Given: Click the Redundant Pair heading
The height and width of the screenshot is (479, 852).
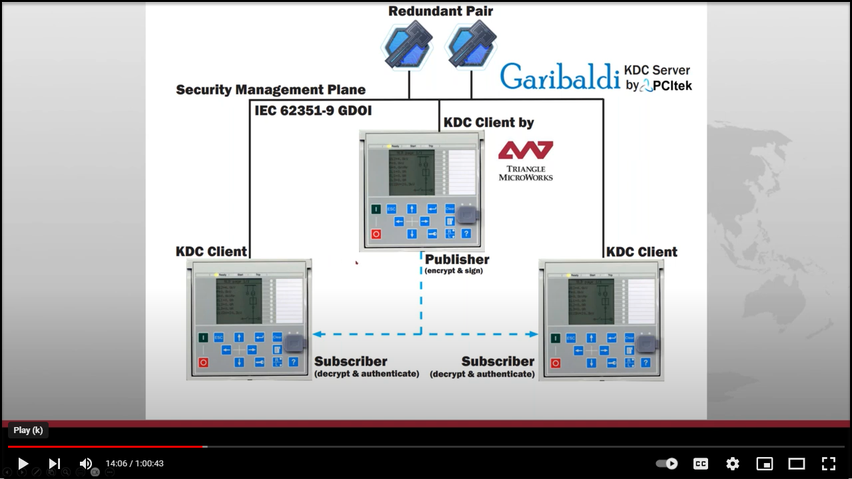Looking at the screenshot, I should pos(440,11).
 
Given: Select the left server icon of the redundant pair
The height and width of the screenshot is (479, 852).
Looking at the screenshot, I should pos(408,45).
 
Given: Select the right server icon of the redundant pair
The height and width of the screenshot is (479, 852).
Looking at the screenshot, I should pos(472,45).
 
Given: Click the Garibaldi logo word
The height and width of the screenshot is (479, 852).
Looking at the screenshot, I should pos(560,77).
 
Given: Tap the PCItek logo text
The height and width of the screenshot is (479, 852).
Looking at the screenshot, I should pos(671,85).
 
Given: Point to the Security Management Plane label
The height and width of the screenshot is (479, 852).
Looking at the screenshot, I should pos(270,90).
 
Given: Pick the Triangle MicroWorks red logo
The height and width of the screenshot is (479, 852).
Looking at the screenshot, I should pos(526,151).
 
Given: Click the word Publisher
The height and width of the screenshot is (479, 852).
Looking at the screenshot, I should pos(457,259).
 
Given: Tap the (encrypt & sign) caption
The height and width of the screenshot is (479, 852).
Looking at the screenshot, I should pos(454,271).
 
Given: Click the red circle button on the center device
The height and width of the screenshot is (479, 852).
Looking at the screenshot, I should pos(376,234).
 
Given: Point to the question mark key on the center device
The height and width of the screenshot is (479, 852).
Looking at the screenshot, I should pos(466,234).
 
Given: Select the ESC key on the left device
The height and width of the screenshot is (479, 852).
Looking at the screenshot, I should pos(218,337).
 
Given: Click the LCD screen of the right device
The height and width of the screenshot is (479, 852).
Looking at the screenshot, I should pos(591,301).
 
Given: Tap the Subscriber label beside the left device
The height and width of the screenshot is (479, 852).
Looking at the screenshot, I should pos(350,361).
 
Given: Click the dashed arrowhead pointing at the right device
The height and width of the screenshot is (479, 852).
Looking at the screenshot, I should pos(534,334).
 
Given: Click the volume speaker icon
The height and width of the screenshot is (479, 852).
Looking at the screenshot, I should pos(86,464).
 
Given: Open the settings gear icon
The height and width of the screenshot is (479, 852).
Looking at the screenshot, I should pos(733,464).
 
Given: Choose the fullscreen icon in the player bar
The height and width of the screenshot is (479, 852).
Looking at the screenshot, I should pos(828,464).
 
